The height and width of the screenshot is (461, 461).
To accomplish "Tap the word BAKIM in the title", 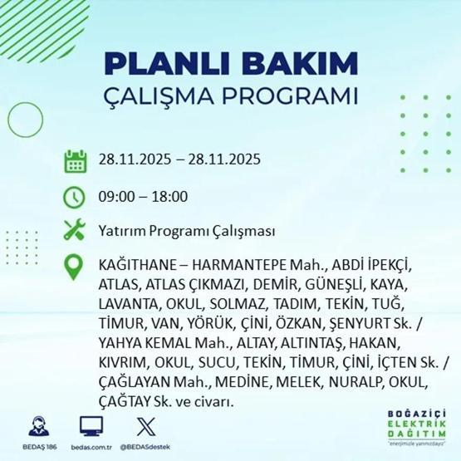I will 300,64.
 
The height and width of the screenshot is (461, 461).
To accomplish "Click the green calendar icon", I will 75,160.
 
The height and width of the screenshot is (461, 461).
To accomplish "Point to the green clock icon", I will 75,197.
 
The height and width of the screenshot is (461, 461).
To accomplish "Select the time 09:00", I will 115,197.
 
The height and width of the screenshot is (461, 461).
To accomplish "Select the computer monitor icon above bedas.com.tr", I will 91,425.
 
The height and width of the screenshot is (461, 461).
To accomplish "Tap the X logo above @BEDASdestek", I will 145,425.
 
